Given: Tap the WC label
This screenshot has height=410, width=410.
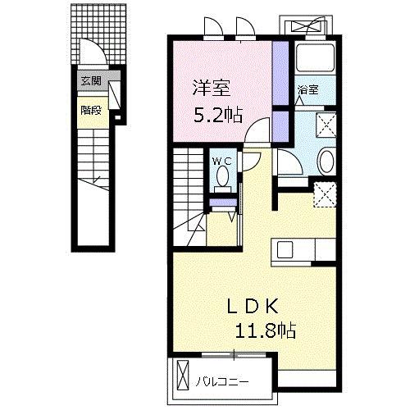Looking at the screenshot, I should point(222,162).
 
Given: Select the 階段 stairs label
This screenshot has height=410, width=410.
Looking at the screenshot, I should point(90,109).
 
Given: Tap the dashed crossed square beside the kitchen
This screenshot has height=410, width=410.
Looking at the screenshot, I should point(324,194).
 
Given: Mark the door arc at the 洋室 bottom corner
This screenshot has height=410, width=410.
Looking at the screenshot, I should point(260,130).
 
